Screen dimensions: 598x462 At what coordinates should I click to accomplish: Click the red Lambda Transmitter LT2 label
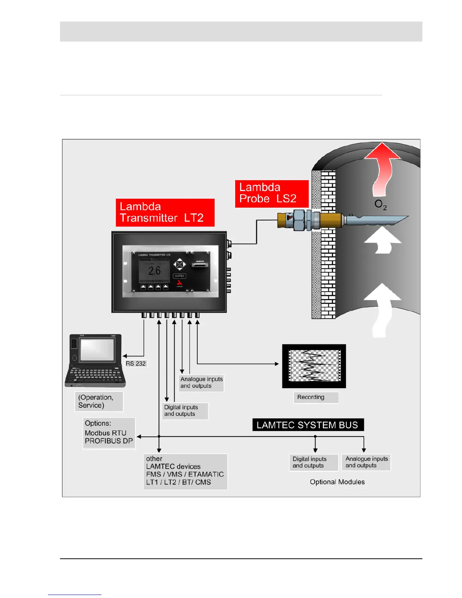click(x=165, y=213)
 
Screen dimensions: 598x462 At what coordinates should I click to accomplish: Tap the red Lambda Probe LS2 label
click(x=271, y=193)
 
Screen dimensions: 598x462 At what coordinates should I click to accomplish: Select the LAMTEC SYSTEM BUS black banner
click(x=308, y=425)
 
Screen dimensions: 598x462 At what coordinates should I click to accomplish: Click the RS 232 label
click(x=136, y=364)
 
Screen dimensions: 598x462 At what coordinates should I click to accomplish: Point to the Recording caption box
click(x=316, y=397)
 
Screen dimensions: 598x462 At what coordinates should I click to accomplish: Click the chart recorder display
click(x=314, y=366)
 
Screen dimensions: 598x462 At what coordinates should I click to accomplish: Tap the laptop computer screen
click(x=97, y=350)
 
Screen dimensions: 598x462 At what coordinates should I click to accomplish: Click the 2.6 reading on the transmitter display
click(x=154, y=271)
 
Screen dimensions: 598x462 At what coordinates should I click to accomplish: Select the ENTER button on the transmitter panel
click(x=179, y=276)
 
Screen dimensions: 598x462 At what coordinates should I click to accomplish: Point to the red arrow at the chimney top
click(x=383, y=166)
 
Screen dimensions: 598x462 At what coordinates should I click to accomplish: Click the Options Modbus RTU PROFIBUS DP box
click(x=109, y=433)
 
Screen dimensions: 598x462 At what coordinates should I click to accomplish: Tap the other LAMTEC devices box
click(x=185, y=471)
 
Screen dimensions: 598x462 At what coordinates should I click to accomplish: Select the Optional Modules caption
click(x=337, y=482)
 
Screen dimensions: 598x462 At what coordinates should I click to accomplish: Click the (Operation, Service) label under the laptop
click(x=99, y=401)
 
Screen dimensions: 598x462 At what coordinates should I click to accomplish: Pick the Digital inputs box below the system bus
click(x=313, y=462)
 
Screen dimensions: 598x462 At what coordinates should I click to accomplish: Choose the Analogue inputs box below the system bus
click(x=366, y=462)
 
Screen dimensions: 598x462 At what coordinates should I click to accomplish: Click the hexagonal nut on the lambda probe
click(x=299, y=220)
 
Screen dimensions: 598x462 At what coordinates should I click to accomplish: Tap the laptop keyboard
click(x=95, y=376)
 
